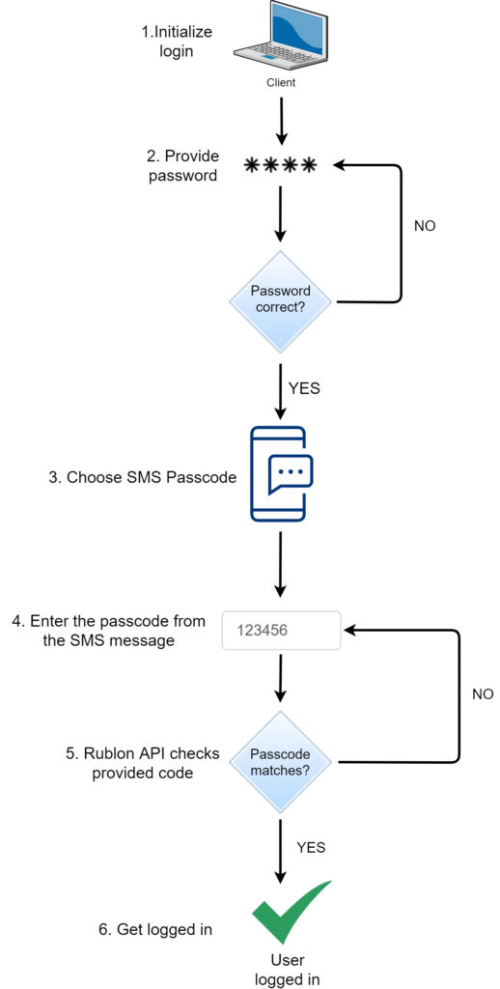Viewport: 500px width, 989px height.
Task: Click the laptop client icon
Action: [x=280, y=36]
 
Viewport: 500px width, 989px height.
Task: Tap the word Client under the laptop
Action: [x=281, y=83]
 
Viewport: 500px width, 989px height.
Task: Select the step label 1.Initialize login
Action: [x=177, y=42]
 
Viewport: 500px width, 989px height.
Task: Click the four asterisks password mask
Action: [x=280, y=166]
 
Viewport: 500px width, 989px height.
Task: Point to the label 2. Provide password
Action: [x=183, y=166]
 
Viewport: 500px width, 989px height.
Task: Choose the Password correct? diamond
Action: [x=280, y=300]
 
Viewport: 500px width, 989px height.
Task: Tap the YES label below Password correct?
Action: [x=304, y=389]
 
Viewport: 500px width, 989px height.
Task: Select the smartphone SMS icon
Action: [x=280, y=475]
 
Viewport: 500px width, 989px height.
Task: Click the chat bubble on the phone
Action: [x=291, y=472]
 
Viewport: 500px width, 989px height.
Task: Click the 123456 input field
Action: [x=281, y=630]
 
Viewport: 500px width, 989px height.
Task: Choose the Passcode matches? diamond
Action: [x=280, y=761]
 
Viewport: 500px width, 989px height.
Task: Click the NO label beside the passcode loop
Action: [x=483, y=693]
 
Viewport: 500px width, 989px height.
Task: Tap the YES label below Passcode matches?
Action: [x=310, y=847]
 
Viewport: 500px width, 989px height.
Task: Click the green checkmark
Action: [x=291, y=912]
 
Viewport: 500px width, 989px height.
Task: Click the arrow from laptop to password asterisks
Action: [x=280, y=122]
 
